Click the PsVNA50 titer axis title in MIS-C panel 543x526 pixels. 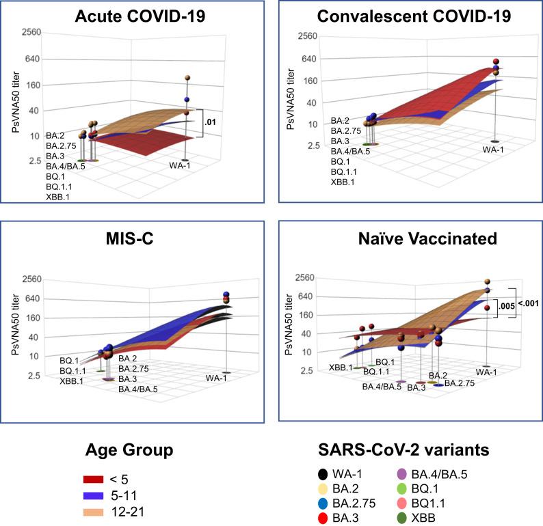pyautogui.click(x=14, y=327)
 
